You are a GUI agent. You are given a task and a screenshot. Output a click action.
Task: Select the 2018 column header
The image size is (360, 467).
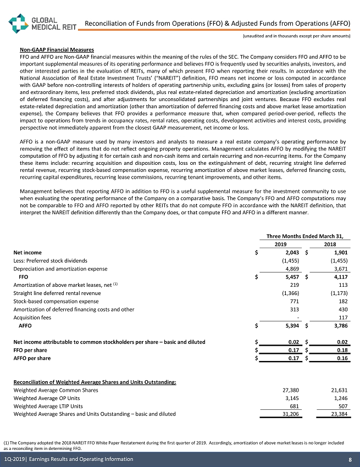click(330, 243)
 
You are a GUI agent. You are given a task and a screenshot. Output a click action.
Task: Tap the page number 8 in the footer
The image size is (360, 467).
click(350, 459)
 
